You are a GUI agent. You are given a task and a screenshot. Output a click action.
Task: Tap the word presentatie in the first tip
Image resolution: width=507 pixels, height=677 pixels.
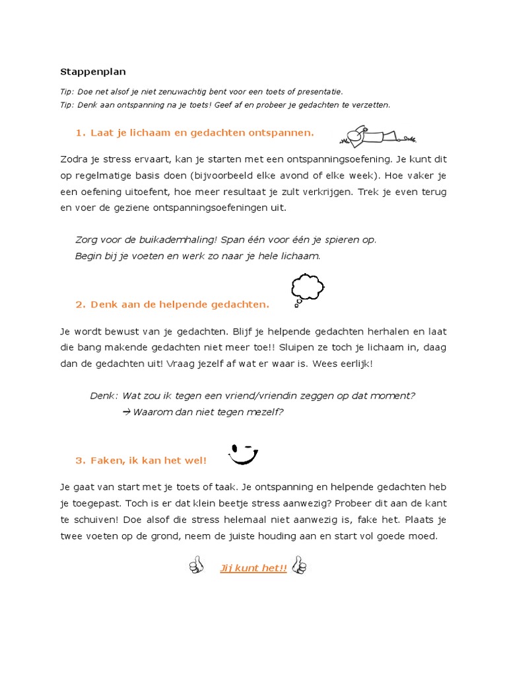point(319,92)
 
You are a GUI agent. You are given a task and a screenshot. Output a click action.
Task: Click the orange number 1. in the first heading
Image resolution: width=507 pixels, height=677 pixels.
point(81,133)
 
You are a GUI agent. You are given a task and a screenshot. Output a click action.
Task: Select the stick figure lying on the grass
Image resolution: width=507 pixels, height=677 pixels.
point(378,135)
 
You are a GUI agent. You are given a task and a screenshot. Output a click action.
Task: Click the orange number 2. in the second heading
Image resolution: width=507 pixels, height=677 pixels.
point(81,305)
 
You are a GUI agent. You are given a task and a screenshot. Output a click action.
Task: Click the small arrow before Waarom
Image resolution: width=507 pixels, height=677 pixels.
point(127,412)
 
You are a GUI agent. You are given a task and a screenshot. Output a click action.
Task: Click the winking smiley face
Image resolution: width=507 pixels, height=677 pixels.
point(242,454)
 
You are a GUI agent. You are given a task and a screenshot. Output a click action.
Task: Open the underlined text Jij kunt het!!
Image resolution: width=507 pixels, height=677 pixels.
point(253,568)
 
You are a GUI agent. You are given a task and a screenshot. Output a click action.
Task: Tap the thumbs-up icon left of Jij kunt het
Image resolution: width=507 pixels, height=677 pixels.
point(196,565)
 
